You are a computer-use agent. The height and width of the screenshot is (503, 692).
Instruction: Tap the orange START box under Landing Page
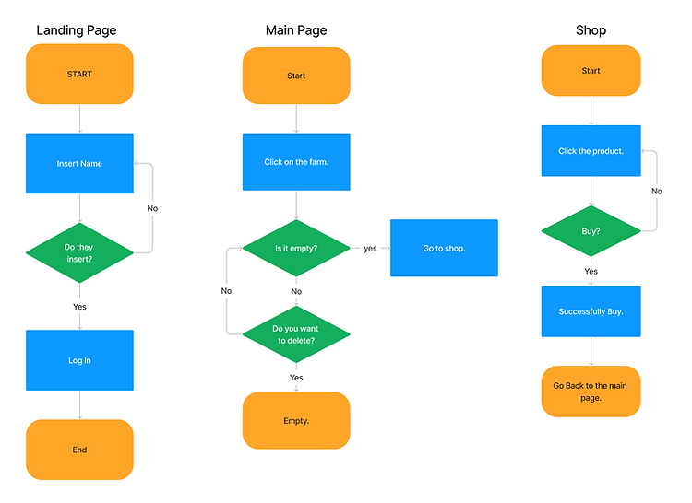click(x=79, y=74)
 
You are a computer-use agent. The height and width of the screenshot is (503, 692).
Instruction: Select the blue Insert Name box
click(x=79, y=164)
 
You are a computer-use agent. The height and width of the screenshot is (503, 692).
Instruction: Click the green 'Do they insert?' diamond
click(x=79, y=252)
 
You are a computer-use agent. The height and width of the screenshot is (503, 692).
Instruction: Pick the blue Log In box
click(x=79, y=360)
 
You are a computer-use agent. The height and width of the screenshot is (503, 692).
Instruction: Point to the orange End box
click(x=79, y=450)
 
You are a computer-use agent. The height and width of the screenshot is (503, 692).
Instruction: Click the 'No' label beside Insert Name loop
click(x=152, y=208)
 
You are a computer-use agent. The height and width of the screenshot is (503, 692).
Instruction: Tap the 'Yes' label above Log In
click(x=80, y=306)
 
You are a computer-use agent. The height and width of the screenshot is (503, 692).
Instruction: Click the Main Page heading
click(x=296, y=30)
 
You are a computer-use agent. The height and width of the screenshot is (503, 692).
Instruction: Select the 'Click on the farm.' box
click(x=296, y=163)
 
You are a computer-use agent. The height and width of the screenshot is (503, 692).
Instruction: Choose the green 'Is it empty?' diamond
click(x=296, y=248)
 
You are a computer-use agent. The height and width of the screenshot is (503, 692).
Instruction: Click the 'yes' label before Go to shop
click(x=370, y=248)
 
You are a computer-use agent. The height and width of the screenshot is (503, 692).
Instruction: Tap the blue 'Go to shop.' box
click(x=444, y=248)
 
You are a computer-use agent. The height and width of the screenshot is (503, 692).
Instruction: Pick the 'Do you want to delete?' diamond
click(x=296, y=334)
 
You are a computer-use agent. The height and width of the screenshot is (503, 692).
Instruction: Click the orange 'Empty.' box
click(x=296, y=421)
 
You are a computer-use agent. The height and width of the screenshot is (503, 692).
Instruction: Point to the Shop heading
click(x=591, y=30)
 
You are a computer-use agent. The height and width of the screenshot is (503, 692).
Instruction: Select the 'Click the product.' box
click(x=591, y=151)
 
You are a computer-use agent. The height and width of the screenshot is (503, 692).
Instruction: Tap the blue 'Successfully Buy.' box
click(x=591, y=311)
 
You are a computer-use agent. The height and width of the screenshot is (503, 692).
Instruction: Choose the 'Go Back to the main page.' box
click(x=591, y=392)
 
